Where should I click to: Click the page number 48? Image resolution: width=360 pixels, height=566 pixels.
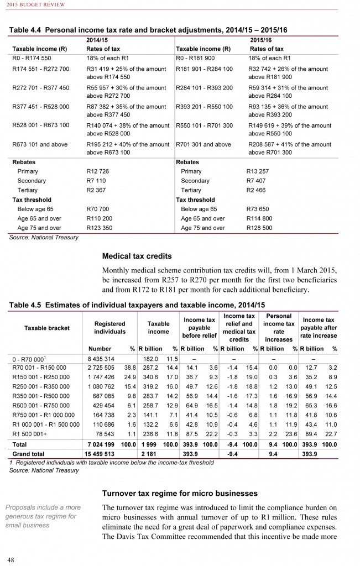coord(11,558)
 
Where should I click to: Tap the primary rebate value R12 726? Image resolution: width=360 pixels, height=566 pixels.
coord(98,171)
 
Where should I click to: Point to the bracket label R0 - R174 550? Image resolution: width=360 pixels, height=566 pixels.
coord(33,57)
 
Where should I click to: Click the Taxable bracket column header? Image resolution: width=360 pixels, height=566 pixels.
coord(46,328)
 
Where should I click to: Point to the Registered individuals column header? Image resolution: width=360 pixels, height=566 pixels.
coord(109,328)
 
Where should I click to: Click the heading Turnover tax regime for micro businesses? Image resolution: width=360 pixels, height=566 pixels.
coord(180,492)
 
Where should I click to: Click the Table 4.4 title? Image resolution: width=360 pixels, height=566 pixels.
coord(149,30)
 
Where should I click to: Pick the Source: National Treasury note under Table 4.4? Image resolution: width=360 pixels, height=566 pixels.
coord(44,238)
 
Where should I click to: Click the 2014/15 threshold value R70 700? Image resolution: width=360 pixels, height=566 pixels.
coord(98,209)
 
